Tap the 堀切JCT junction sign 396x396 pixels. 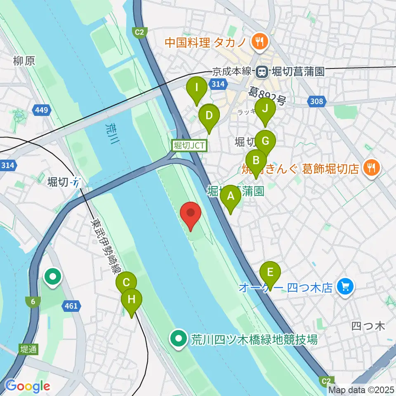189,145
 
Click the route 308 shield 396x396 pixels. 316,101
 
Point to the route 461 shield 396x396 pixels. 71,306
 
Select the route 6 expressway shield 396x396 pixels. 32,302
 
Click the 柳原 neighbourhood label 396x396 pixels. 24,61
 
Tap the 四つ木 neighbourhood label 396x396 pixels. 368,326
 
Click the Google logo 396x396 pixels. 27,386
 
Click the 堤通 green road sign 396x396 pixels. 28,349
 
